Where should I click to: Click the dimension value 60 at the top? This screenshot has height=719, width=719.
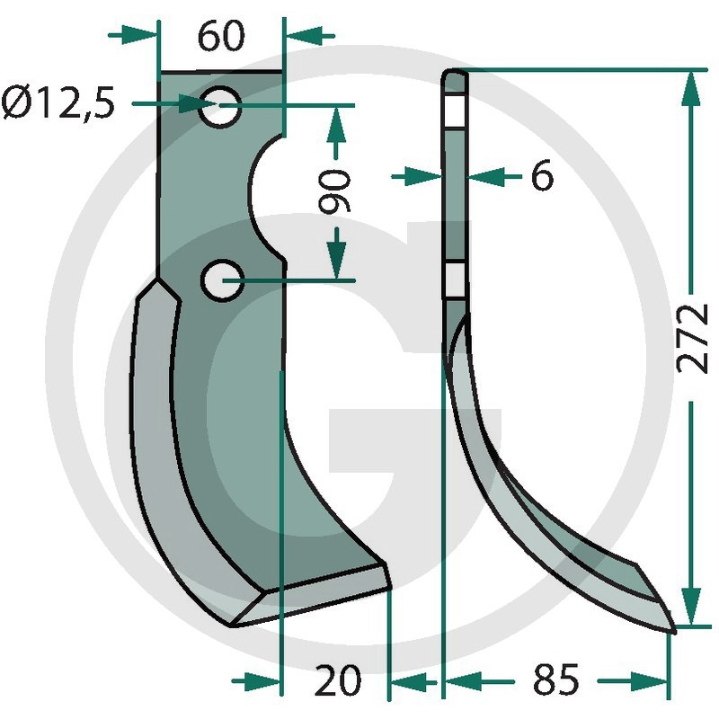(221, 36)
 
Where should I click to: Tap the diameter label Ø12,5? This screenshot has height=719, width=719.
(58, 102)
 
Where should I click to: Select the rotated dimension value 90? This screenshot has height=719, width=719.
(334, 191)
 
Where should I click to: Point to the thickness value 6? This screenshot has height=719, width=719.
(542, 176)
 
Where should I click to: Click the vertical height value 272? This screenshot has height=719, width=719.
(693, 339)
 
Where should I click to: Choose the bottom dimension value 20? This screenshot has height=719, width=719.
(338, 680)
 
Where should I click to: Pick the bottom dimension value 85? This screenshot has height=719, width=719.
(556, 679)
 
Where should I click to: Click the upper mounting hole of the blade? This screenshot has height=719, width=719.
(220, 106)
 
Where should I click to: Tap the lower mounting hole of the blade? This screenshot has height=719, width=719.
(222, 280)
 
